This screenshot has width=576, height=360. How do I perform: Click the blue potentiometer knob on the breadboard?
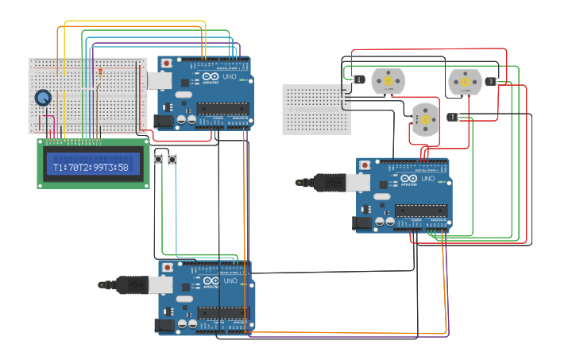(43, 98)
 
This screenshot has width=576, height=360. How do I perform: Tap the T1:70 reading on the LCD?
(66, 167)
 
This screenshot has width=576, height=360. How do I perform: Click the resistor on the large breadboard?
(99, 73)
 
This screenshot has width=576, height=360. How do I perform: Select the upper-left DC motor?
(389, 80)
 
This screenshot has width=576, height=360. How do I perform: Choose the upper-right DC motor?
(464, 81)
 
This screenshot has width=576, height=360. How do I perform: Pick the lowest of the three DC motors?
(425, 118)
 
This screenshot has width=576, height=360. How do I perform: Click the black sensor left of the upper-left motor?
(358, 79)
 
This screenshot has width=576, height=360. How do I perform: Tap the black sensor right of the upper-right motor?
(490, 80)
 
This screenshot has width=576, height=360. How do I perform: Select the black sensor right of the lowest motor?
(453, 118)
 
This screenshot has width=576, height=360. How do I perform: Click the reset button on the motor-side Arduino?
(365, 165)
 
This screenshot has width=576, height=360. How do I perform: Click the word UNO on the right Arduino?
(428, 179)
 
